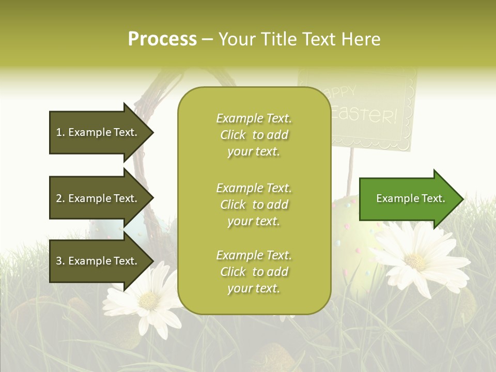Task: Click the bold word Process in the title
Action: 162,39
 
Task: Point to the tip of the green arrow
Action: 462,199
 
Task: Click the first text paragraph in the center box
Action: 254,135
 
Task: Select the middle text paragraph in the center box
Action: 254,205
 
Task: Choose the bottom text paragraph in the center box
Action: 254,272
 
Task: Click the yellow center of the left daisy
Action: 149,300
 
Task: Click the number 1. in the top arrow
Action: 60,132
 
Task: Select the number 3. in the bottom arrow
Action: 60,261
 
